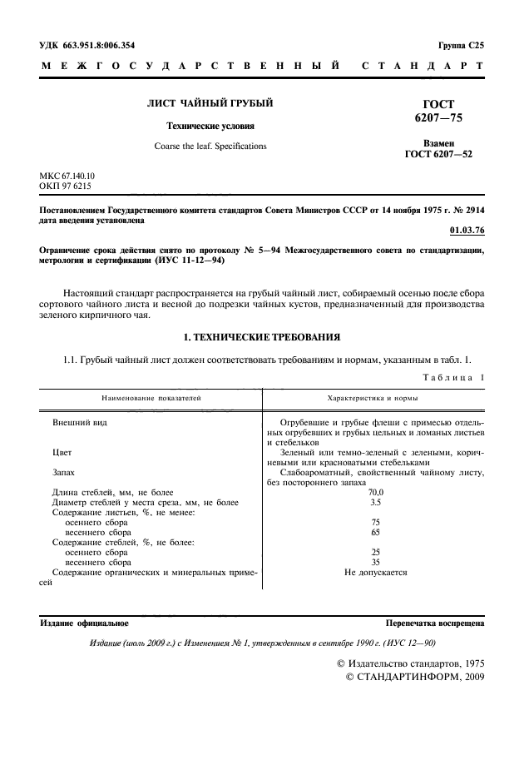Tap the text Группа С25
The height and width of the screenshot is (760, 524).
tap(460, 46)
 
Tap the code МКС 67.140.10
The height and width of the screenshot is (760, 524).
tap(68, 176)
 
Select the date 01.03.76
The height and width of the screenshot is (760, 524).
tap(467, 230)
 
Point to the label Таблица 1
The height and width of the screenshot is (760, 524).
tap(452, 379)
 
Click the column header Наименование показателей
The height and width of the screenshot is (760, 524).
tap(151, 399)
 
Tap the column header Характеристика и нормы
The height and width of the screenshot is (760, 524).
tap(373, 399)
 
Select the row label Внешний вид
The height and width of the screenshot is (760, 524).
tap(80, 423)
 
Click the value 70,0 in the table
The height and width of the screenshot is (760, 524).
tap(375, 493)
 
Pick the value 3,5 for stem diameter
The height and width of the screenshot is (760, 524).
tap(375, 503)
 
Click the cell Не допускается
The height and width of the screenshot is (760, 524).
tap(375, 573)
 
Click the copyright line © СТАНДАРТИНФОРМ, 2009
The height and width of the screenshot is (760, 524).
tap(413, 678)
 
